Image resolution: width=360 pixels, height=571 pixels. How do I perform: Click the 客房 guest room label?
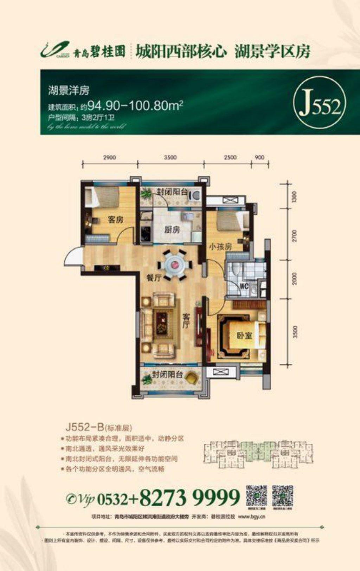click(115, 220)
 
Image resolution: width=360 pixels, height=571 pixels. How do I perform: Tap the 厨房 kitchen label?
click(172, 230)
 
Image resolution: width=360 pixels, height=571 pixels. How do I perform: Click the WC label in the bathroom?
click(244, 286)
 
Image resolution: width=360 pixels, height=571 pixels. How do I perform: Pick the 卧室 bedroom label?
click(244, 336)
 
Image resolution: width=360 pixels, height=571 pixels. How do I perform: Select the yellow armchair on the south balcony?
click(191, 378)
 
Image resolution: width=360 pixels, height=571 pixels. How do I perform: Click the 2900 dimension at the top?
click(110, 157)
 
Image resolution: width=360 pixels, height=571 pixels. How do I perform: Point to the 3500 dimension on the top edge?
click(170, 157)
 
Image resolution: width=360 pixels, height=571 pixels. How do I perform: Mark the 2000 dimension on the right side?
click(295, 279)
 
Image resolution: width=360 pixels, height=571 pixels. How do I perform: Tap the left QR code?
click(256, 496)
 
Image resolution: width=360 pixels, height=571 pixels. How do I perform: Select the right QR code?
click(283, 496)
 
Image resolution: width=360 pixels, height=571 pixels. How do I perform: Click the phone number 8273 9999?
click(190, 497)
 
